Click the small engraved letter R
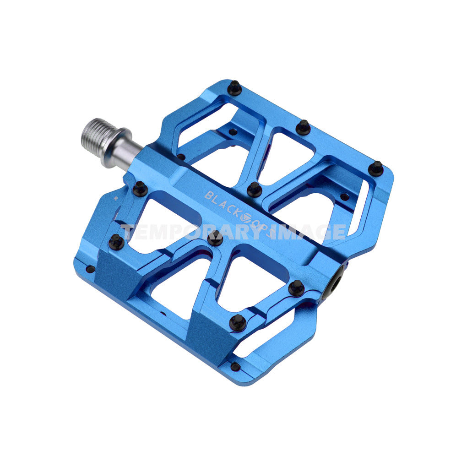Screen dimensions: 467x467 [116, 199]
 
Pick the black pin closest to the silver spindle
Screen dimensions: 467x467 [140, 188]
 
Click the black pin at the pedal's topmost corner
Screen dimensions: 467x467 [234, 87]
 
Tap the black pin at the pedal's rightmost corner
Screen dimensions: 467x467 [376, 168]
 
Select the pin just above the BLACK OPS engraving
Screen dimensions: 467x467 [254, 189]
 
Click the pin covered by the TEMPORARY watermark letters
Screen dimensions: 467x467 [215, 238]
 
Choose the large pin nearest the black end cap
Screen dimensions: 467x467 [296, 288]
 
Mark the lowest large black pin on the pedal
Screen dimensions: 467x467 [238, 322]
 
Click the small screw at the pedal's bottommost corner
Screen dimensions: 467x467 [235, 367]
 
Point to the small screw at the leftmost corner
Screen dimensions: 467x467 [90, 269]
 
